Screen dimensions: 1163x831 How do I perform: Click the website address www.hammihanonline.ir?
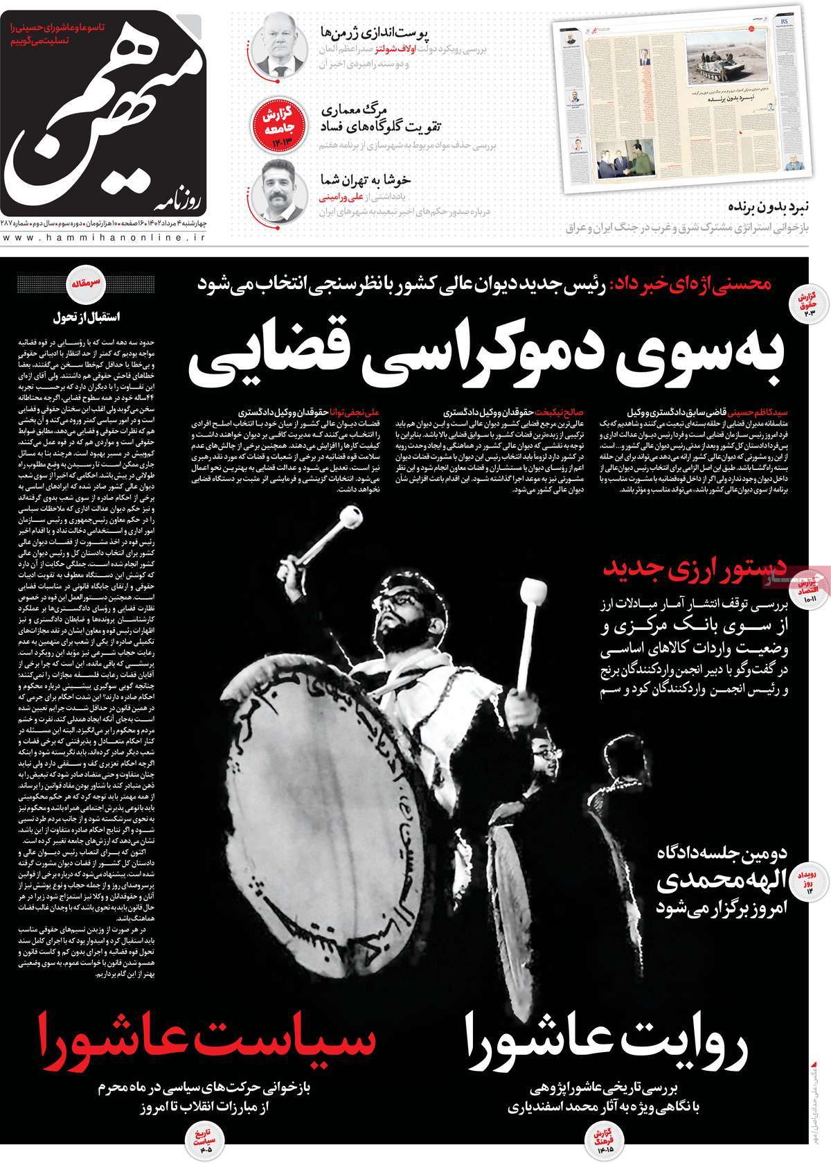tap(104, 238)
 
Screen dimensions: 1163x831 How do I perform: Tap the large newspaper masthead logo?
tap(104, 118)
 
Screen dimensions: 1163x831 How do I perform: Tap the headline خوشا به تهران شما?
tap(365, 180)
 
